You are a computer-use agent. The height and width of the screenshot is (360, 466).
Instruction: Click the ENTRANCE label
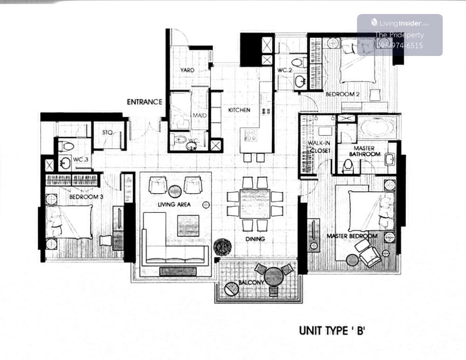click(x=144, y=102)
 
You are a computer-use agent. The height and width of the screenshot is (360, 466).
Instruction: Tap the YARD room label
click(x=187, y=70)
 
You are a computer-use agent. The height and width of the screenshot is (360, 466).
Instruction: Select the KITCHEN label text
click(x=239, y=110)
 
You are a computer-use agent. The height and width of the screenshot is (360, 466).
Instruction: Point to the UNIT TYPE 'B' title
click(x=332, y=331)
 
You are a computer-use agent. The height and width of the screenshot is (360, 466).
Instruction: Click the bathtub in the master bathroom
click(x=377, y=128)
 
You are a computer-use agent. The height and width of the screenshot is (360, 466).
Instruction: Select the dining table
click(x=255, y=204)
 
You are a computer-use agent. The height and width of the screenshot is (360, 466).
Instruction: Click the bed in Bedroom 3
click(x=69, y=222)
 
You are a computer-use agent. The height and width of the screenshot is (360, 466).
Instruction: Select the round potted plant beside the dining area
click(x=222, y=246)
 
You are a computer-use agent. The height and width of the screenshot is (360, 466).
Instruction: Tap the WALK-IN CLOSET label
click(x=319, y=147)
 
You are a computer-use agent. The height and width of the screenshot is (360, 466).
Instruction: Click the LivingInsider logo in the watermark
click(x=400, y=23)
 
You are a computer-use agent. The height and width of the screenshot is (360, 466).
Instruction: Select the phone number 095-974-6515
click(x=399, y=46)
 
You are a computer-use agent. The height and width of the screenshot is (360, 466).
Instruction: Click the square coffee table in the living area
click(x=188, y=226)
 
